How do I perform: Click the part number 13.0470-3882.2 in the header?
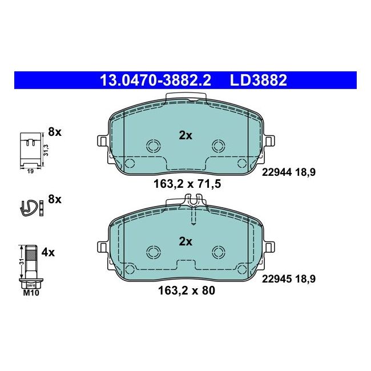pos(155,80)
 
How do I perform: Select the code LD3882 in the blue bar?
pos(259,80)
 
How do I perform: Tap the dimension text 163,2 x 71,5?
pos(187,184)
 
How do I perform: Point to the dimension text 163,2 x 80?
pos(187,291)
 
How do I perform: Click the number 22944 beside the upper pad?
pos(277,172)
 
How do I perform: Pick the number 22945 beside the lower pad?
pos(277,279)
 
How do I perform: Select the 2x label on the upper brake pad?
pos(185,136)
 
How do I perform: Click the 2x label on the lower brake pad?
pos(185,241)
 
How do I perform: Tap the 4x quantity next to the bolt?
pos(48,252)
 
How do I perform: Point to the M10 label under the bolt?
pos(31,293)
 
